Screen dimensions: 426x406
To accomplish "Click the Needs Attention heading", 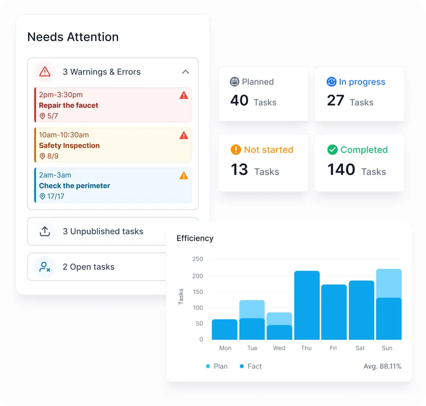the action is point(73,37).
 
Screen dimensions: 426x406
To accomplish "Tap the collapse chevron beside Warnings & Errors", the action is point(186,72).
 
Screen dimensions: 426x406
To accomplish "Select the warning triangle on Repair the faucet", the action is point(184,95).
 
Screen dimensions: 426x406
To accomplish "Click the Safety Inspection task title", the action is point(69,146).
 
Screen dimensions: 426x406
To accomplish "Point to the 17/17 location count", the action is point(56,196).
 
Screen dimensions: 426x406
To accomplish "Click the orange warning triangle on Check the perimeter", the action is point(184,176).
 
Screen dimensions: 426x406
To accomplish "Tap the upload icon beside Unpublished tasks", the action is point(45,231).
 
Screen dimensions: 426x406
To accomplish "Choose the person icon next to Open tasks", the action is point(44,267).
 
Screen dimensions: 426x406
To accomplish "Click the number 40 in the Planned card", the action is point(239,100).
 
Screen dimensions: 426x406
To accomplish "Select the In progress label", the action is point(362,82).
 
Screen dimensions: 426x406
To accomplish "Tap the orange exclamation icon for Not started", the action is point(236,150).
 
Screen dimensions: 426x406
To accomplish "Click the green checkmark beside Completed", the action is point(332,150).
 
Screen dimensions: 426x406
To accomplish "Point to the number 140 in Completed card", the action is point(341,170).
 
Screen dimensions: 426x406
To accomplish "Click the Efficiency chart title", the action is point(195,238).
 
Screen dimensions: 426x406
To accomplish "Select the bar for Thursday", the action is point(307,305).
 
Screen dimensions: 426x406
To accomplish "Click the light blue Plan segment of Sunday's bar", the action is point(389,283).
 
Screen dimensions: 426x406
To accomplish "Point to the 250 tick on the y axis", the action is point(197,259).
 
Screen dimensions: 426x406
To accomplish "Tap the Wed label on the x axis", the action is point(279,348).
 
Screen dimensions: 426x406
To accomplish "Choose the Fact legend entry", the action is point(251,366).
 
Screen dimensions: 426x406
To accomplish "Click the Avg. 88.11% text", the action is point(382,366).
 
